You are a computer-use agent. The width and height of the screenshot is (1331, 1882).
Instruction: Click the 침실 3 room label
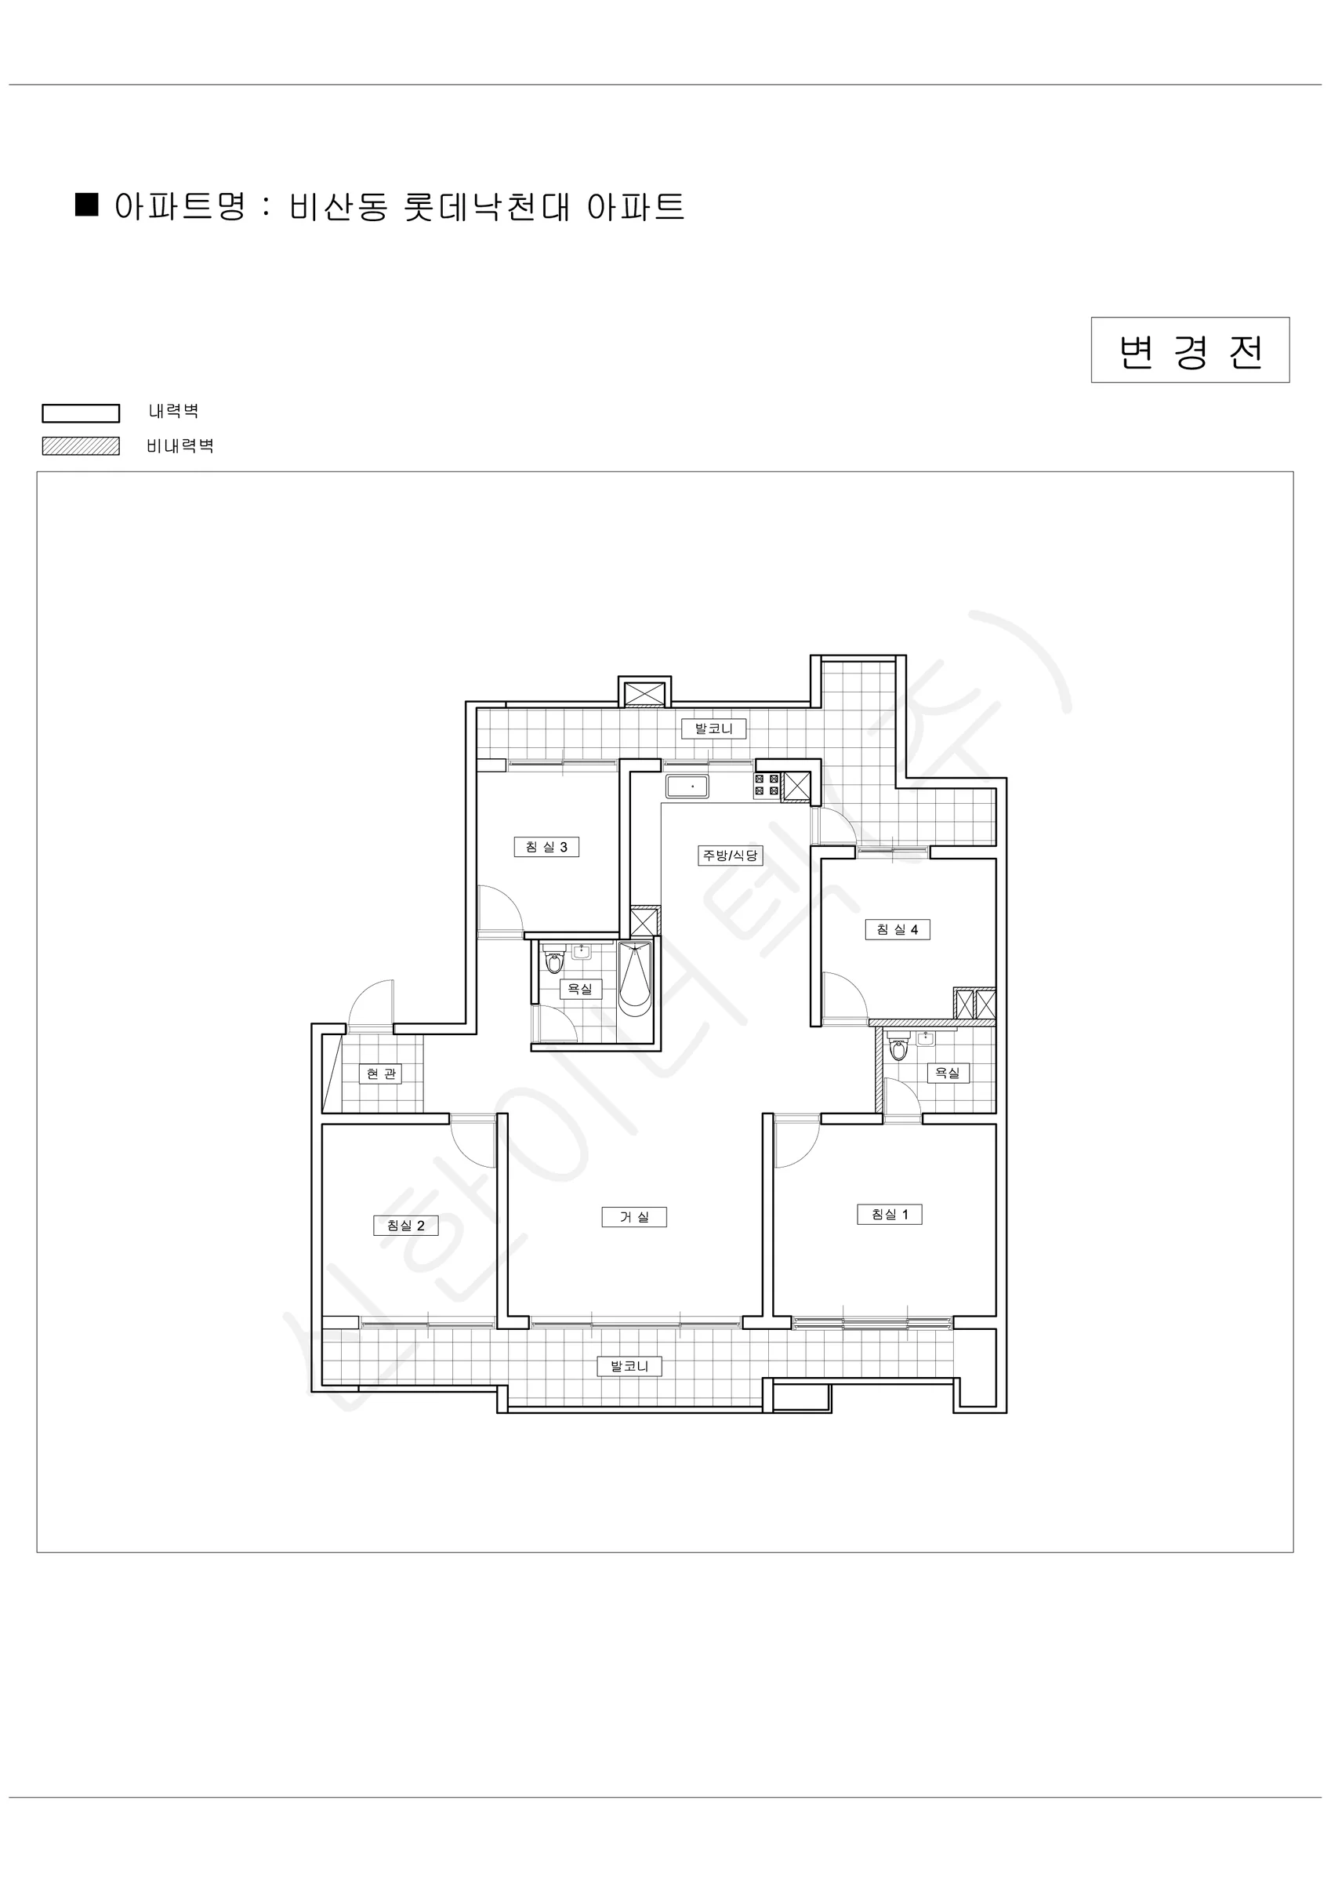tap(546, 847)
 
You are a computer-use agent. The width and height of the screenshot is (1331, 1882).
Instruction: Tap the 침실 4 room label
tap(898, 929)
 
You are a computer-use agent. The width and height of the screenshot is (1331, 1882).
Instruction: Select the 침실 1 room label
tap(889, 1214)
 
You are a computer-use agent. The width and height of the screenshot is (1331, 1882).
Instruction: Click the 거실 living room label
tap(633, 1217)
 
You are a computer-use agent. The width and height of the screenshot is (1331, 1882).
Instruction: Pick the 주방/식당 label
tap(731, 856)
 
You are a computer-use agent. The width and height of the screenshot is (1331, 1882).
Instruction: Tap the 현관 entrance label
tap(381, 1074)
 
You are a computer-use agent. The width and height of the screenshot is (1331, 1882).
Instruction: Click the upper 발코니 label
tap(714, 728)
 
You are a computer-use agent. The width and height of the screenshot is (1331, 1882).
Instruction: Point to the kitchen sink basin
tap(687, 787)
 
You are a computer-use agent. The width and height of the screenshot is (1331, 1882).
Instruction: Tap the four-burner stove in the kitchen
tap(767, 784)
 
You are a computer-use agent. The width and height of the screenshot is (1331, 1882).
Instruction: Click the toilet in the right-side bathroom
tap(899, 1047)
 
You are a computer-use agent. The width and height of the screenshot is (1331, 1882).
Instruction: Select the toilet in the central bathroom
tap(555, 959)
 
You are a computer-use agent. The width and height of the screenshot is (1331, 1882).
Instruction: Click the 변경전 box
tap(1190, 350)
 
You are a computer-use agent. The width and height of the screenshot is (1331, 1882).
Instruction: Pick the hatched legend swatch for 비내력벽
tap(82, 446)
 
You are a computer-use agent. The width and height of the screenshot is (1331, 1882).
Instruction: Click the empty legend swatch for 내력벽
tap(82, 413)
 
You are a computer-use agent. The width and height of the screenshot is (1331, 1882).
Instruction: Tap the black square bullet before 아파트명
tap(87, 204)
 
